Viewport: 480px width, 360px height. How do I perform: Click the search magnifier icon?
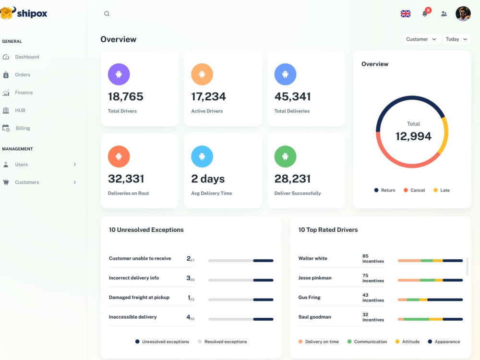tap(107, 14)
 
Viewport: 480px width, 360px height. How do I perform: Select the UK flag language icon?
tap(406, 14)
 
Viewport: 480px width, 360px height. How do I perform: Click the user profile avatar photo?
tap(463, 14)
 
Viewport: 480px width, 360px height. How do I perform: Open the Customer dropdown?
tap(421, 39)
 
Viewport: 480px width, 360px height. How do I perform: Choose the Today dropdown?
tap(456, 39)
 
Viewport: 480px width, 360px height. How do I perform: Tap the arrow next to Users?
tap(75, 164)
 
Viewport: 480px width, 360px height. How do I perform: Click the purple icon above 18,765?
tap(119, 74)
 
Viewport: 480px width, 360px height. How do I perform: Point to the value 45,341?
tap(292, 97)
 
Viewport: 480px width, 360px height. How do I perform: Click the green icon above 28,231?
tap(285, 156)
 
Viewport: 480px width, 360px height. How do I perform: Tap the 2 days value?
tap(208, 179)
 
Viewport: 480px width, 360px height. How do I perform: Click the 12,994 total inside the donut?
tap(413, 136)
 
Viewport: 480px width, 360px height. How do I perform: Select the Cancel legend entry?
tap(414, 191)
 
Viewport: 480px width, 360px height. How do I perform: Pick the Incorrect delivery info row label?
tap(134, 278)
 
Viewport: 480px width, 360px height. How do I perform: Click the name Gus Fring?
tap(310, 297)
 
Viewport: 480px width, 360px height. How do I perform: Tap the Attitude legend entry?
tap(408, 342)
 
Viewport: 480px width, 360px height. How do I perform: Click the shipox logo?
tap(24, 13)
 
